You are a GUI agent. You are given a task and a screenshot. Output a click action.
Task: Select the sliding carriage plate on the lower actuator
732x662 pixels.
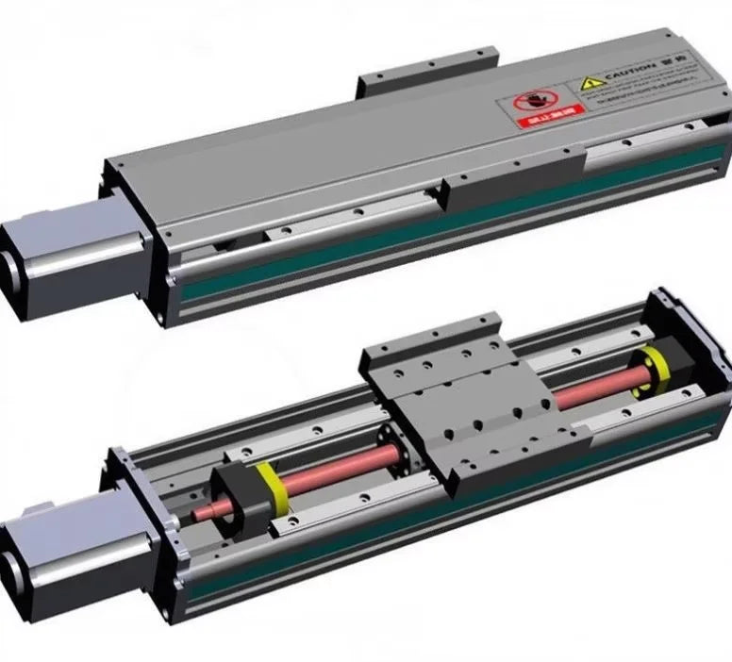[x=453, y=396]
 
